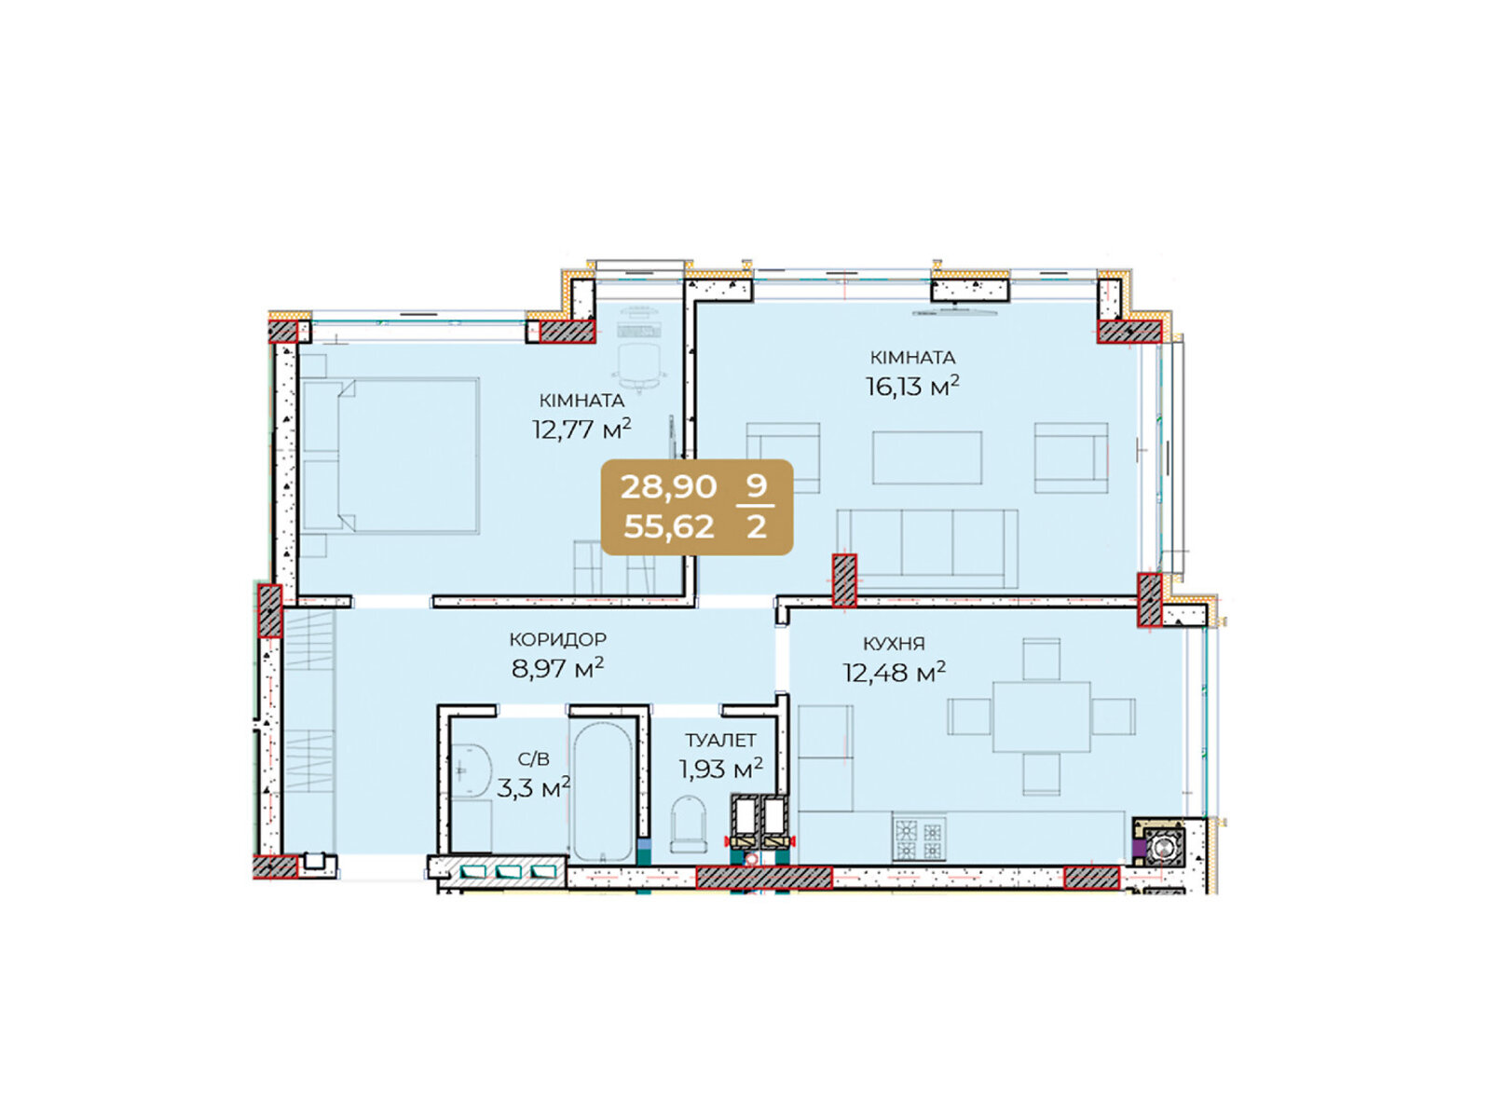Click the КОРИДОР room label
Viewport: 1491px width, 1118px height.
[557, 639]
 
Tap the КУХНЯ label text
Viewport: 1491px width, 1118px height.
[894, 643]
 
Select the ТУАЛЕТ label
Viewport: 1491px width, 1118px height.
[720, 740]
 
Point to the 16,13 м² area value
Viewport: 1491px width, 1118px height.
[912, 387]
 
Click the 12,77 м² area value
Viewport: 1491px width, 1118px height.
[581, 429]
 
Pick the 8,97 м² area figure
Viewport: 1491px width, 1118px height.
[557, 669]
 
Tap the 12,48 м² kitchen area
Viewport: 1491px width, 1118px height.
[894, 673]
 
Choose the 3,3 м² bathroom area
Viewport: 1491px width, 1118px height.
[532, 788]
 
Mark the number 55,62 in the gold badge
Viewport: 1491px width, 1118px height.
[669, 526]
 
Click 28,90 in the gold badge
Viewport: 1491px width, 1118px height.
[668, 486]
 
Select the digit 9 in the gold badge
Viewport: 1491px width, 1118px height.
[756, 486]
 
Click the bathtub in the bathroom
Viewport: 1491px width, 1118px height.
[603, 792]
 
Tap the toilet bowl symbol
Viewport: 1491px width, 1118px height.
[689, 824]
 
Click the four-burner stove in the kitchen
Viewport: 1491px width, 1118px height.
[919, 839]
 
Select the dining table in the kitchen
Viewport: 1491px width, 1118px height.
[1041, 716]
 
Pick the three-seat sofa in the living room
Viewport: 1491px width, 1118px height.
[927, 549]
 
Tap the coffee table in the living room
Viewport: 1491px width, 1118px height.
[926, 457]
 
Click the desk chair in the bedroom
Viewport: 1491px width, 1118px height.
[639, 366]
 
